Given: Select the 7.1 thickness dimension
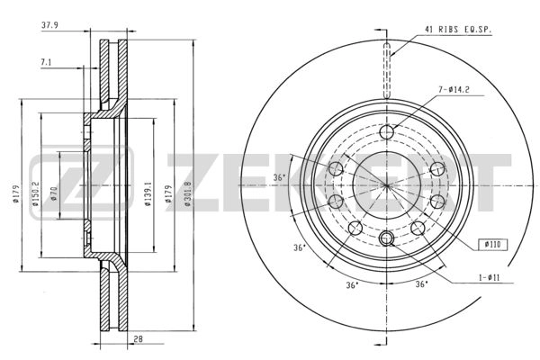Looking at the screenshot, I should point(46,61).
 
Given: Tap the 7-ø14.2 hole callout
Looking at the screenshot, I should point(454,91).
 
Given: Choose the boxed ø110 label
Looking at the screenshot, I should point(492,243).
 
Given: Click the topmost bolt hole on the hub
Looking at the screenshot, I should point(387,133).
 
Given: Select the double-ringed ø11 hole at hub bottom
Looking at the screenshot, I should point(387,238).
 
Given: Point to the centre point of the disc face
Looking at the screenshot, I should point(387,185).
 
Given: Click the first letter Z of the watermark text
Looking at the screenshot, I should point(188,184).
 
